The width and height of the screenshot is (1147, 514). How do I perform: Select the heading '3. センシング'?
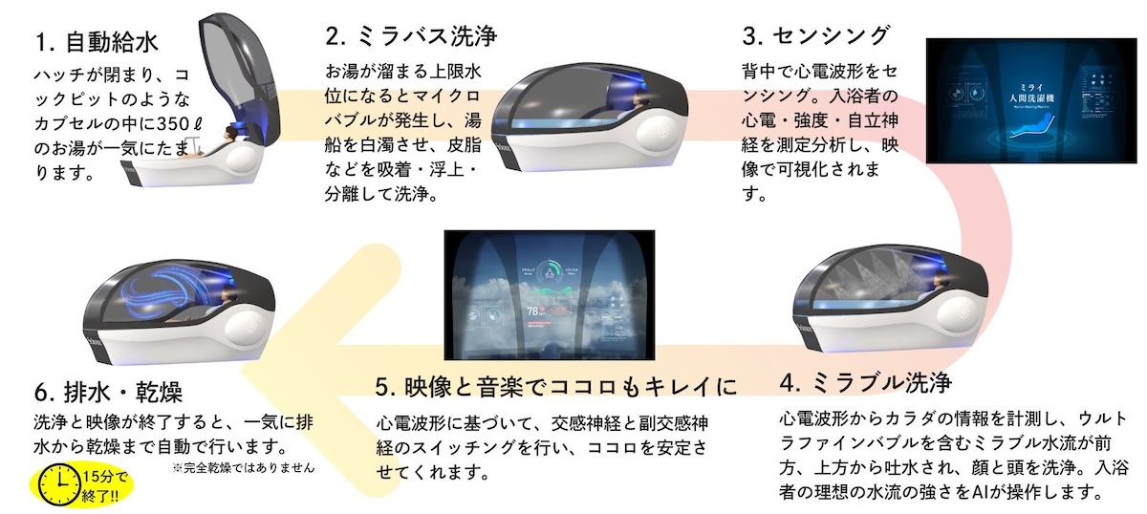pyautogui.click(x=817, y=36)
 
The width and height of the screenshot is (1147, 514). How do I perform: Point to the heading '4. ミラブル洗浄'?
pyautogui.click(x=866, y=383)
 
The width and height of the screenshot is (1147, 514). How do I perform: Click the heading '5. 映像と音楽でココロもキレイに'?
pyautogui.click(x=556, y=387)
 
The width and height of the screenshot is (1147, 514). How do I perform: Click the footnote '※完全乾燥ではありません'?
pyautogui.click(x=244, y=469)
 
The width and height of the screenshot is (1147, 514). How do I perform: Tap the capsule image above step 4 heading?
pyautogui.click(x=884, y=296)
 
